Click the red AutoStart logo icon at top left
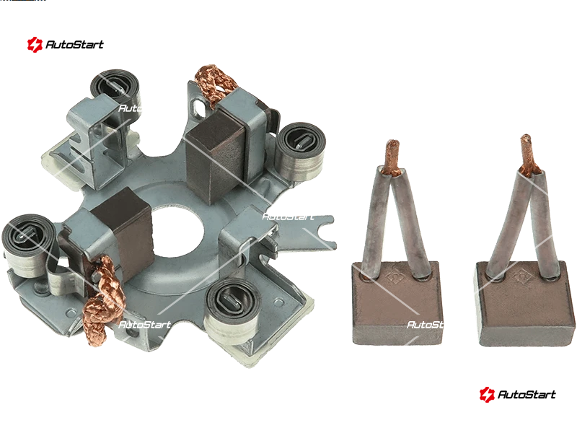tap(35, 45)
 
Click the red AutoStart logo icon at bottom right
tap(486, 394)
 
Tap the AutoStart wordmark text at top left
tap(75, 45)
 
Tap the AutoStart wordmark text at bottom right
tap(527, 394)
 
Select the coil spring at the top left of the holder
tap(115, 91)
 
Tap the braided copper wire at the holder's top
tap(216, 83)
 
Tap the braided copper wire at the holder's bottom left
tap(102, 300)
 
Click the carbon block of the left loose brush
tap(397, 304)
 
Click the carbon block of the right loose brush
tap(525, 305)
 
